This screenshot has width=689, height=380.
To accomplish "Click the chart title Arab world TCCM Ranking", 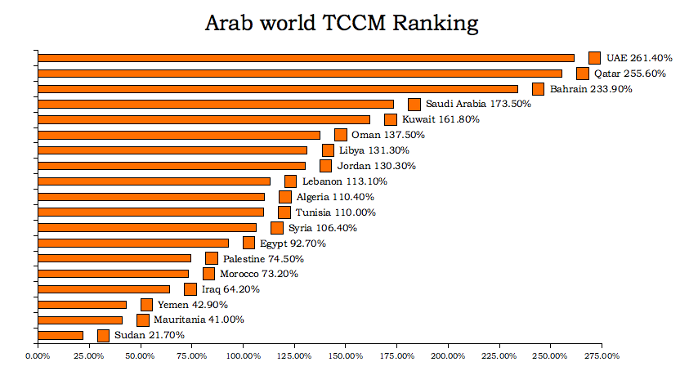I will tap(341, 23).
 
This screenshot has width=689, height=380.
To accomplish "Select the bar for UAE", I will tap(306, 58).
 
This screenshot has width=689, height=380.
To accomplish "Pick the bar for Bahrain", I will tap(278, 89).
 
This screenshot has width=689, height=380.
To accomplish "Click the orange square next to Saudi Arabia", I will tap(414, 105).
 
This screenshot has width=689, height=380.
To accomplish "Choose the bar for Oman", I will tap(179, 135).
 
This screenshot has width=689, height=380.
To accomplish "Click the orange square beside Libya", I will tap(328, 150).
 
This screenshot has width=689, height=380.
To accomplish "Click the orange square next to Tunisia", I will tap(284, 212).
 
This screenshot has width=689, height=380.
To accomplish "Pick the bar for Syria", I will tap(147, 228).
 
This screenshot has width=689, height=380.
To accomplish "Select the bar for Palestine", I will tap(114, 258).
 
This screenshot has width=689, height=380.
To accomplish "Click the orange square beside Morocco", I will tap(208, 274).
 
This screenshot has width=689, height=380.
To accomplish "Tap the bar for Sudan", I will tap(60, 335).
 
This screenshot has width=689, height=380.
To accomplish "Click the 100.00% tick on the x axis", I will tap(243, 355).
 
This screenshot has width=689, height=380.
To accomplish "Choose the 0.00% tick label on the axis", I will tap(38, 355).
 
